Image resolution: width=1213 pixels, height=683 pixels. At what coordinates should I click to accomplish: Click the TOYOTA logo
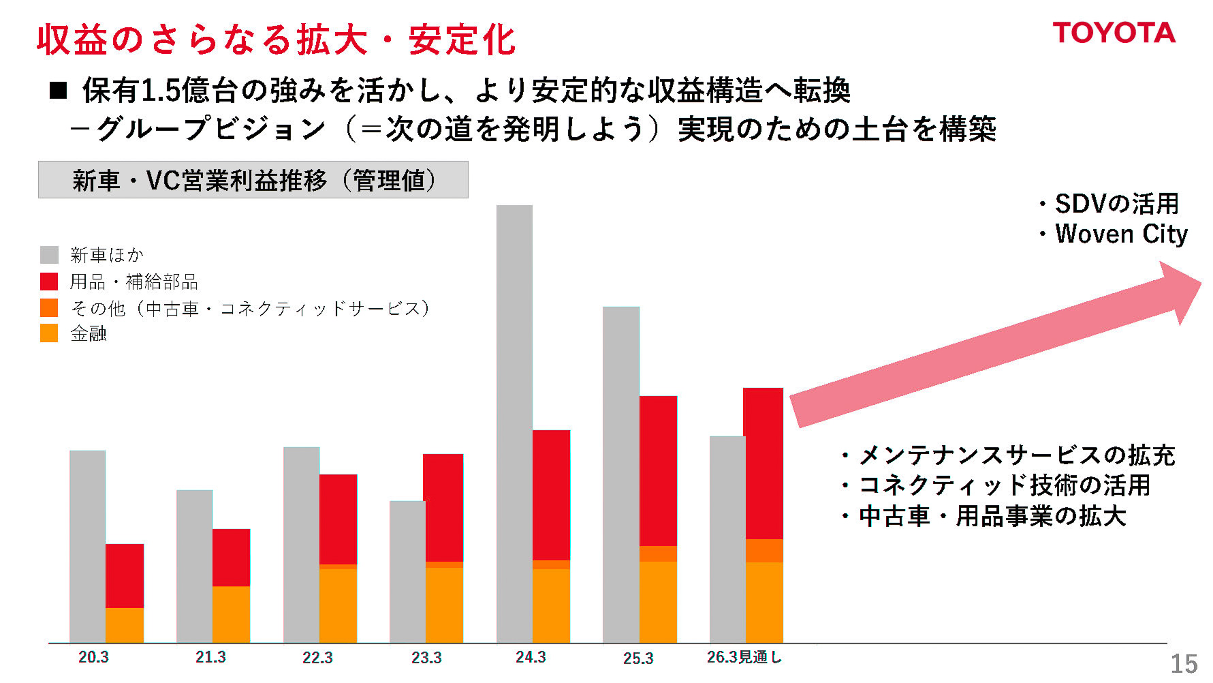[1114, 33]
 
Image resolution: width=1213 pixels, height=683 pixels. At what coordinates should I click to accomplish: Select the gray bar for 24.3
[514, 423]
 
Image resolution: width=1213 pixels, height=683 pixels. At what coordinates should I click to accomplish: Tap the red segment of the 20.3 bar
[125, 575]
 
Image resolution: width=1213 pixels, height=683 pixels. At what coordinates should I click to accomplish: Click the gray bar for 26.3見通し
[727, 538]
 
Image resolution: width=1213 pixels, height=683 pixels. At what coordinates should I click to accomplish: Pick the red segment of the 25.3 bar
[658, 470]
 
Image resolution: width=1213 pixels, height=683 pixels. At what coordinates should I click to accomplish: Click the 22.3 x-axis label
[317, 658]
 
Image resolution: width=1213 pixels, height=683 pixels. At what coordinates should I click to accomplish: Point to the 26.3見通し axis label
[744, 657]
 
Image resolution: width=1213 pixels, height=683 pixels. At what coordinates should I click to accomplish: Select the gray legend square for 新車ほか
[49, 255]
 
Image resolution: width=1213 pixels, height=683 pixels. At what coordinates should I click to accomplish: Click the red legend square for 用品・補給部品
[49, 282]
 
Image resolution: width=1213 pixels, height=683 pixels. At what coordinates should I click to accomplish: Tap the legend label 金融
[89, 333]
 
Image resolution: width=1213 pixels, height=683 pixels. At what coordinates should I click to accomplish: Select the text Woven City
[1121, 234]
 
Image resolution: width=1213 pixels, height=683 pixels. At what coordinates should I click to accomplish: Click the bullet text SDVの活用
[1116, 203]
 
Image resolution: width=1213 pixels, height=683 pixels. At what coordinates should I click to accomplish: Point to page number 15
[1184, 664]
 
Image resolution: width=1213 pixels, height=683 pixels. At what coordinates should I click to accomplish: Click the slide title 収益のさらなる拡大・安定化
[276, 40]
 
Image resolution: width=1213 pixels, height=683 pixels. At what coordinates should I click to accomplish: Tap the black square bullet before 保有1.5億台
[59, 91]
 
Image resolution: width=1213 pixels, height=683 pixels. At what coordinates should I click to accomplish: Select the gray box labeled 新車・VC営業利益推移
[253, 180]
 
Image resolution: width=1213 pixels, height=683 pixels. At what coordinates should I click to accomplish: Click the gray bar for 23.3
[407, 571]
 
